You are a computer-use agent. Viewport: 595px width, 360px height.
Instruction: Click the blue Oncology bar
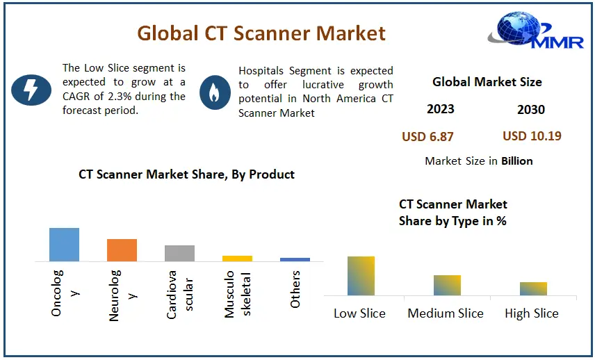pyautogui.click(x=64, y=245)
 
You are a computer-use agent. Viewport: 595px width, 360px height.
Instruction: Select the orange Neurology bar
pyautogui.click(x=122, y=250)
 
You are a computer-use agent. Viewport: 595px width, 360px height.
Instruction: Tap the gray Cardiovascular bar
pyautogui.click(x=179, y=253)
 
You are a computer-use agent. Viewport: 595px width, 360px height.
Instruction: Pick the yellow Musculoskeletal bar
pyautogui.click(x=237, y=259)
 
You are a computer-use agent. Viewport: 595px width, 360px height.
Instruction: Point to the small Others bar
pyautogui.click(x=295, y=259)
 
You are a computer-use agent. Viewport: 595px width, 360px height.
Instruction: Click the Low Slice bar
pyautogui.click(x=361, y=276)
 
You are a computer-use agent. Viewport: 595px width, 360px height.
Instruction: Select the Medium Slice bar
pyautogui.click(x=447, y=285)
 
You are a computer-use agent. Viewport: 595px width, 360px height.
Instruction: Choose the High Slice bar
pyautogui.click(x=533, y=288)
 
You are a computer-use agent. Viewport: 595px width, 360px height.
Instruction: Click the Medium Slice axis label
pyautogui.click(x=446, y=313)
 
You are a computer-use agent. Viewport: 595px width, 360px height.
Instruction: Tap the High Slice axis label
pyautogui.click(x=532, y=313)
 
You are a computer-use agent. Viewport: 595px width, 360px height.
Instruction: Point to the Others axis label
pyautogui.click(x=295, y=289)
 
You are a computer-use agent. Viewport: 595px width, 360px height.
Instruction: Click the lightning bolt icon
pyautogui.click(x=31, y=90)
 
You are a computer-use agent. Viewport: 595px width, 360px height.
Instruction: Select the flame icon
pyautogui.click(x=215, y=92)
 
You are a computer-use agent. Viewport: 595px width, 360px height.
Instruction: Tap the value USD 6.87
pyautogui.click(x=427, y=137)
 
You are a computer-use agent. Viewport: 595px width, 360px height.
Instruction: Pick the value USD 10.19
pyautogui.click(x=532, y=136)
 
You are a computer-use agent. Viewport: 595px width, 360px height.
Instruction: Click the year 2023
pyautogui.click(x=440, y=109)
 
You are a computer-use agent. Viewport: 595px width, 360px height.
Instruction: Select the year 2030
pyautogui.click(x=531, y=110)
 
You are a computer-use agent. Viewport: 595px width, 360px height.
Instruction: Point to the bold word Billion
pyautogui.click(x=517, y=161)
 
